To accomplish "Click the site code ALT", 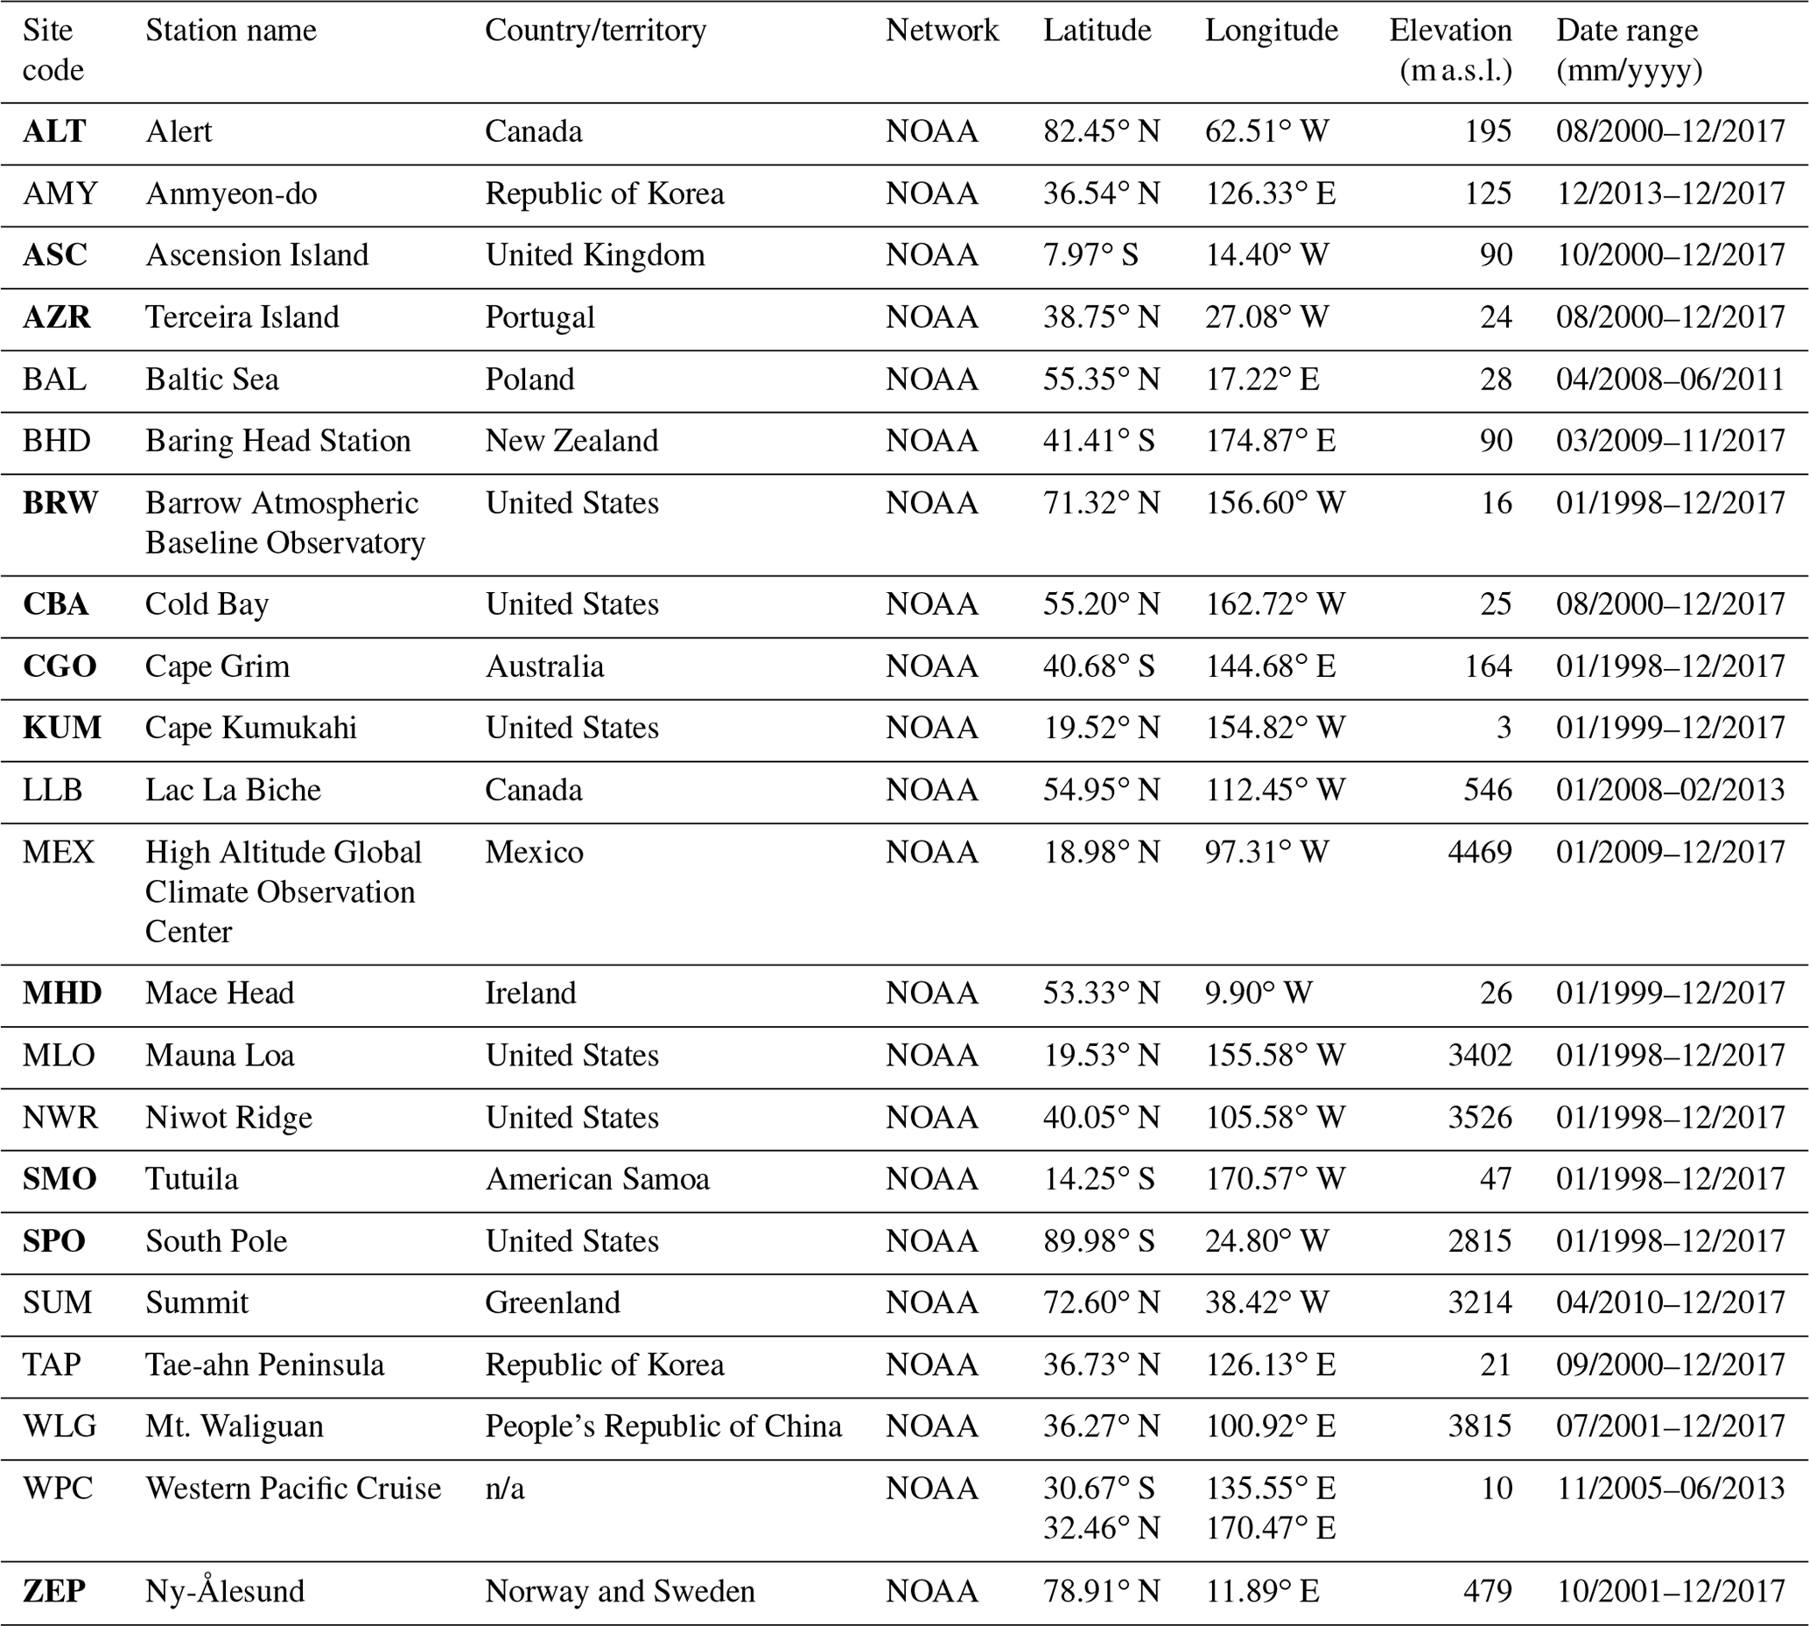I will [x=54, y=131].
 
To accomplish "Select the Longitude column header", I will [x=1271, y=31].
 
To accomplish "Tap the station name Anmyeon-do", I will [x=230, y=194].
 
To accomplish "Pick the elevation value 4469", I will [x=1479, y=851].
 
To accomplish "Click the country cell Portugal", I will [x=539, y=318].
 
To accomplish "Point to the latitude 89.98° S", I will [x=1098, y=1241].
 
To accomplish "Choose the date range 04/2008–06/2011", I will [x=1670, y=379].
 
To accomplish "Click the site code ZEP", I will [x=54, y=1591].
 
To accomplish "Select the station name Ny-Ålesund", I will [x=224, y=1591].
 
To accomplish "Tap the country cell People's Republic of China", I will [x=663, y=1426].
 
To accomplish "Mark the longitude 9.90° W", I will [x=1258, y=993].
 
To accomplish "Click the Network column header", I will [x=941, y=31].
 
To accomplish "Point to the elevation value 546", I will [x=1487, y=790].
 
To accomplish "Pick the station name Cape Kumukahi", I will [x=250, y=728].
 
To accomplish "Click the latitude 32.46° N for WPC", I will [x=1100, y=1528].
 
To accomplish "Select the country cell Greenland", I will [x=552, y=1302].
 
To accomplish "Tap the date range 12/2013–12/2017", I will [x=1670, y=194].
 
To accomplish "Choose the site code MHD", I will [x=61, y=993].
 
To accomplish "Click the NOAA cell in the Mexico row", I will [x=931, y=851].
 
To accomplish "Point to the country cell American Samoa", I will [x=597, y=1179].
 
